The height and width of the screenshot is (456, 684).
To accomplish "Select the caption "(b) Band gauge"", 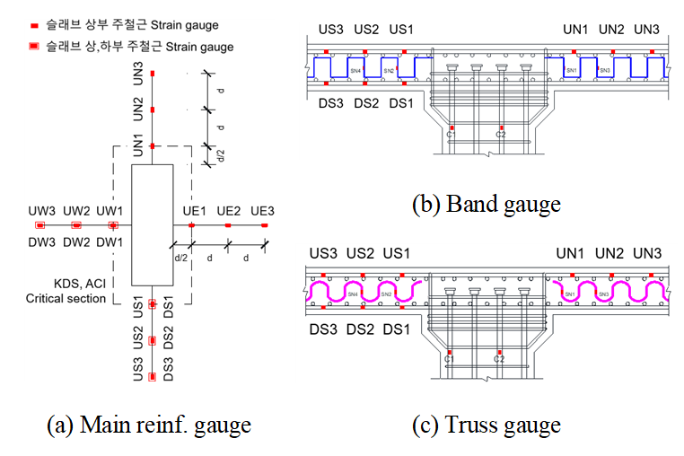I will (x=486, y=205).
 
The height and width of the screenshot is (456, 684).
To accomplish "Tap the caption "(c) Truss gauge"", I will (x=486, y=425).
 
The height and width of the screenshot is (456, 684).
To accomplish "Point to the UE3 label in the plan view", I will (x=262, y=211).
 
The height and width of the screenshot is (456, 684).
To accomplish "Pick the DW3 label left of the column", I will (x=40, y=242).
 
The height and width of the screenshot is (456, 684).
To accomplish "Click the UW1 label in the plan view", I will (x=111, y=211).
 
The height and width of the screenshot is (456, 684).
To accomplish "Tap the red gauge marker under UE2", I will (x=228, y=226).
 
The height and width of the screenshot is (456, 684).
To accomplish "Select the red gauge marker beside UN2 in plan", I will (x=153, y=110).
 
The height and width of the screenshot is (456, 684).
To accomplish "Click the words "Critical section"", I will (x=66, y=298).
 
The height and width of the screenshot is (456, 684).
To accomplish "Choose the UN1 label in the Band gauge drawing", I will (x=575, y=29).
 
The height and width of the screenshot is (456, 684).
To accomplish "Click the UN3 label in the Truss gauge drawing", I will (x=646, y=255).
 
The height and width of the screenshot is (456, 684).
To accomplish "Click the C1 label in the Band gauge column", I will (x=451, y=136).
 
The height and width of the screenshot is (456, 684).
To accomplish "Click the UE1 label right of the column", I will (x=195, y=211).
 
